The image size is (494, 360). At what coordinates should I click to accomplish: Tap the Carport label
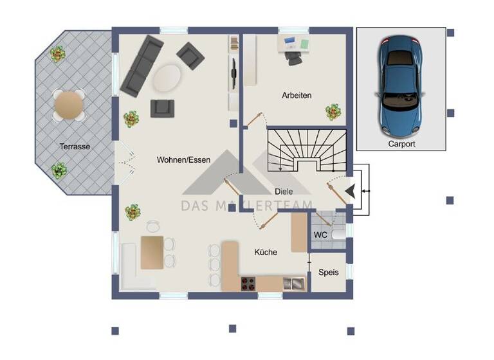click(401, 144)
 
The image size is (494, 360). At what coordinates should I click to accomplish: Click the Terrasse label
click(75, 147)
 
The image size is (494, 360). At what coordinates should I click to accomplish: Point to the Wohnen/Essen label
click(183, 161)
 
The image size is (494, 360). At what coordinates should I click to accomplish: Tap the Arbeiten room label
click(297, 95)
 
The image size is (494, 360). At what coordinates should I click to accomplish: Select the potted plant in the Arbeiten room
click(333, 112)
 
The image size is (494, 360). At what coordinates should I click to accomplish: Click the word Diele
click(284, 191)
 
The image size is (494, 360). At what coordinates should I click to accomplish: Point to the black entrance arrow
click(349, 191)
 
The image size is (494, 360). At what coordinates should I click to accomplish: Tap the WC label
click(320, 235)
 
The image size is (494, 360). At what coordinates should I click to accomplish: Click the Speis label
click(328, 273)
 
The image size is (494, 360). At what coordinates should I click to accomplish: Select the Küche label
click(265, 252)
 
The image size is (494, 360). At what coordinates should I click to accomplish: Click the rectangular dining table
click(152, 253)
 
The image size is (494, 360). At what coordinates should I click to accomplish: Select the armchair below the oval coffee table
click(162, 107)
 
